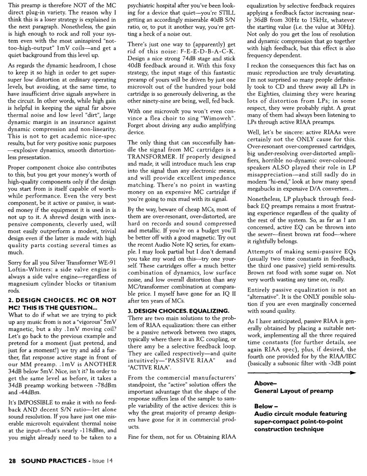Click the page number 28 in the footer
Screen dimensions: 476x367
[14, 461]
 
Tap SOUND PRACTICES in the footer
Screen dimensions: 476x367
[53, 461]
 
